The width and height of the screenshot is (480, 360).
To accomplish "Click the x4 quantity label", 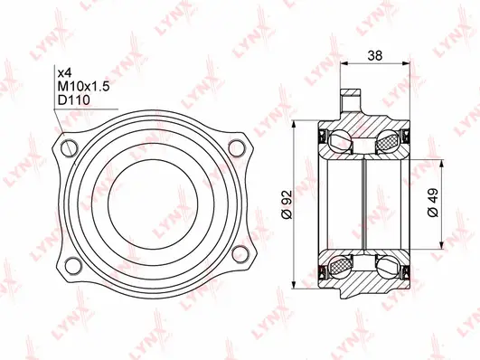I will click(64, 71).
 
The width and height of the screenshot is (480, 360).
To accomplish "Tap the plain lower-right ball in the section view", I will click(390, 264).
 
